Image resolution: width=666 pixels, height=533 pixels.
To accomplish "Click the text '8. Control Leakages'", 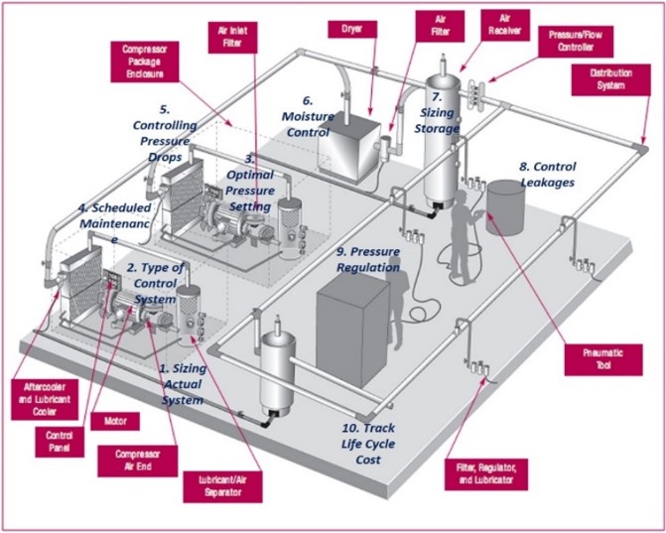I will click(x=548, y=175).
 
